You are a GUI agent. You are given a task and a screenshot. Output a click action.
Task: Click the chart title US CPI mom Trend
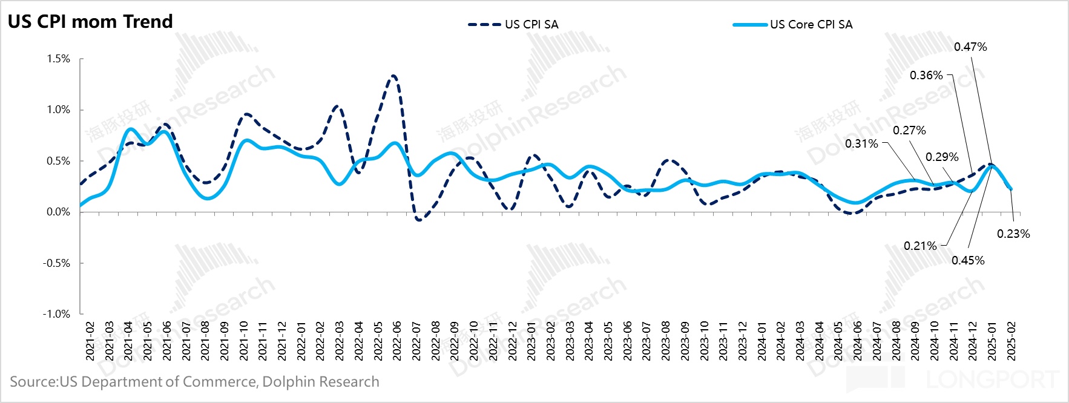pyautogui.click(x=90, y=22)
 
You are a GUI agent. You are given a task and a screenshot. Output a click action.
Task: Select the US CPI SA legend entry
pyautogui.click(x=513, y=25)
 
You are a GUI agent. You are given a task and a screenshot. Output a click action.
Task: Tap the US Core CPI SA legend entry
pyautogui.click(x=793, y=25)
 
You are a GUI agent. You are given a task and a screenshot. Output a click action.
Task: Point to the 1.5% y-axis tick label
pyautogui.click(x=58, y=59)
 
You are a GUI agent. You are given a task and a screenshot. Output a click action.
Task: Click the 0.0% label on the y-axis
pyautogui.click(x=58, y=212)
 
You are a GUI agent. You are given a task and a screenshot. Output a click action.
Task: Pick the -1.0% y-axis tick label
pyautogui.click(x=56, y=314)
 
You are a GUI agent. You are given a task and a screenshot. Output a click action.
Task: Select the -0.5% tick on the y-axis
pyautogui.click(x=56, y=263)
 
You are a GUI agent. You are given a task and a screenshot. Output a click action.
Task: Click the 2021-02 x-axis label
pyautogui.click(x=90, y=341)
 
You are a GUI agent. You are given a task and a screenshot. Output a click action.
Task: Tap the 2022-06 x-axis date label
pyautogui.click(x=397, y=341)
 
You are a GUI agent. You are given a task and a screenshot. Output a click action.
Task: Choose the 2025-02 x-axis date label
pyautogui.click(x=1011, y=341)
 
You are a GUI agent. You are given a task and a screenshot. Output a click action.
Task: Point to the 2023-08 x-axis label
pyautogui.click(x=666, y=341)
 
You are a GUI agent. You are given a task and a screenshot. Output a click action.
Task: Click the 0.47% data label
pyautogui.click(x=970, y=47)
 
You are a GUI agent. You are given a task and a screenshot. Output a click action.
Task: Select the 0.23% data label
pyautogui.click(x=1013, y=234)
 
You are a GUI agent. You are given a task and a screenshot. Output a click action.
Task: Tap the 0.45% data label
pyautogui.click(x=968, y=261)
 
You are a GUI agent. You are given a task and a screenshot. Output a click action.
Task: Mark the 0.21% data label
pyautogui.click(x=920, y=246)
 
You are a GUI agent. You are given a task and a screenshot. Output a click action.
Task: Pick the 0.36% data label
pyautogui.click(x=926, y=76)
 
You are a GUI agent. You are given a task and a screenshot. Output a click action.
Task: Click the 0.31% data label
pyautogui.click(x=861, y=144)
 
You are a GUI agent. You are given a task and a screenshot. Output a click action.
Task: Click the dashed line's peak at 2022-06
pyautogui.click(x=394, y=76)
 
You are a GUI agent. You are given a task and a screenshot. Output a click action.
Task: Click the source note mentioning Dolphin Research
pyautogui.click(x=194, y=382)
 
